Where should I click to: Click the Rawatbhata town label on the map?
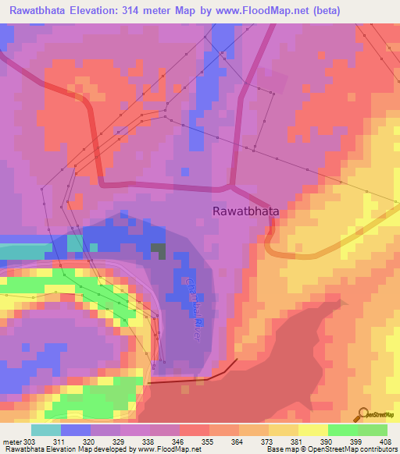click(x=246, y=211)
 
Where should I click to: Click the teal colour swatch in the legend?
click(x=45, y=430)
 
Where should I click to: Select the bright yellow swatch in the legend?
click(x=312, y=430)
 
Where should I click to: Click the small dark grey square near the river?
click(x=159, y=250)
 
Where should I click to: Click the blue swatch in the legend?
click(x=75, y=430)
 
